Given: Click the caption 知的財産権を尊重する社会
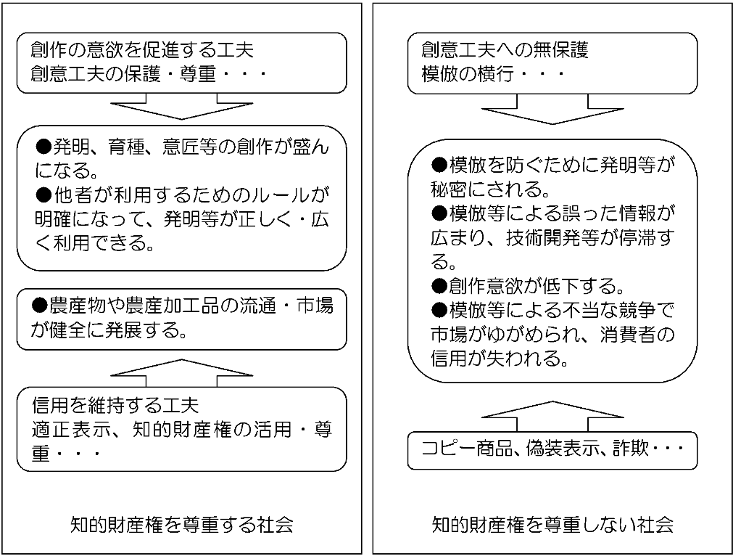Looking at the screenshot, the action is point(182,525).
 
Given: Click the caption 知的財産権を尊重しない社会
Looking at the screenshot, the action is point(552,525).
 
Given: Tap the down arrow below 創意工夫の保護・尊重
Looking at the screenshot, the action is point(182,107).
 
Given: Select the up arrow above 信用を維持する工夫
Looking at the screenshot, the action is point(182,373).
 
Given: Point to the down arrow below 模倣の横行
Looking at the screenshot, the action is point(552,110).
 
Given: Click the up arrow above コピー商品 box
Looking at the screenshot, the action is point(552,417).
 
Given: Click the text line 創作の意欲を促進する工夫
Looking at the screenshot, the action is point(142,49).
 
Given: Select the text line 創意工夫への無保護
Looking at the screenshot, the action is point(505,49).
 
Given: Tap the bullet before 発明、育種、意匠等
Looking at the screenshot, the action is point(44,147).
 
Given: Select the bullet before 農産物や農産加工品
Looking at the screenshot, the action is point(39,306).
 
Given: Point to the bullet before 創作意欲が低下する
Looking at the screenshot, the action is point(439,285).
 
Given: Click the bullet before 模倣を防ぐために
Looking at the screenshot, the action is point(439,164).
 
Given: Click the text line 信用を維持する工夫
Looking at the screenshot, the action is point(115,405).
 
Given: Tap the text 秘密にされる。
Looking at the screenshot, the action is point(490,189).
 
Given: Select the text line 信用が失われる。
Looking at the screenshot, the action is point(500,359).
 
